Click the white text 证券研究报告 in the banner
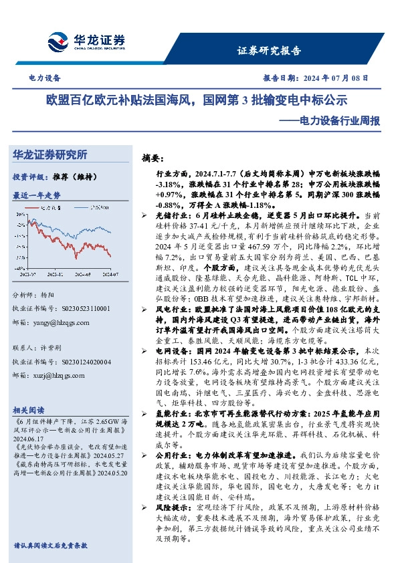pyautogui.click(x=269, y=50)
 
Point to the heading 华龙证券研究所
pyautogui.click(x=50, y=155)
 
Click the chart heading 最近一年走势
pyautogui.click(x=37, y=195)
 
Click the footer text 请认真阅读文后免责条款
pyautogui.click(x=51, y=546)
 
